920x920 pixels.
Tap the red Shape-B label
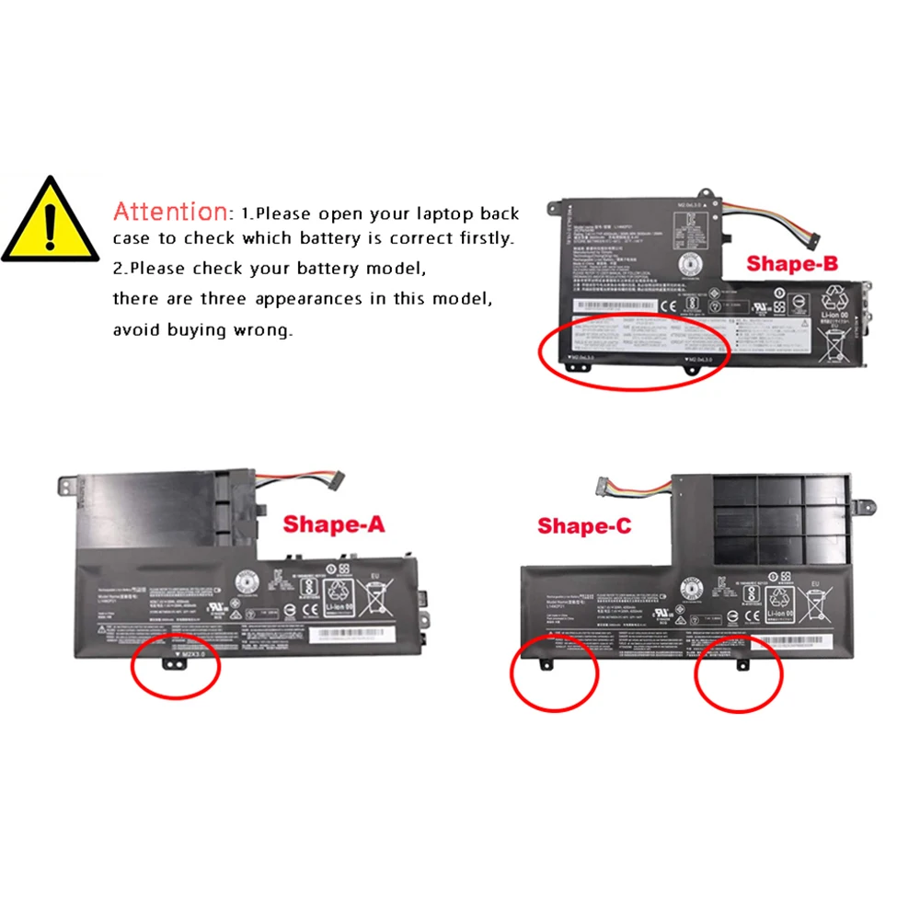pos(792,264)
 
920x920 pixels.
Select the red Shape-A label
pos(333,524)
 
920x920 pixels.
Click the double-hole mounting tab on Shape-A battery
pos(172,661)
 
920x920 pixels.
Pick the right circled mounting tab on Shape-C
pos(742,661)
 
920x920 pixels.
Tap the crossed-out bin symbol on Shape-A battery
pos(377,598)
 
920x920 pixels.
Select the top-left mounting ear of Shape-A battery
pos(67,482)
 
